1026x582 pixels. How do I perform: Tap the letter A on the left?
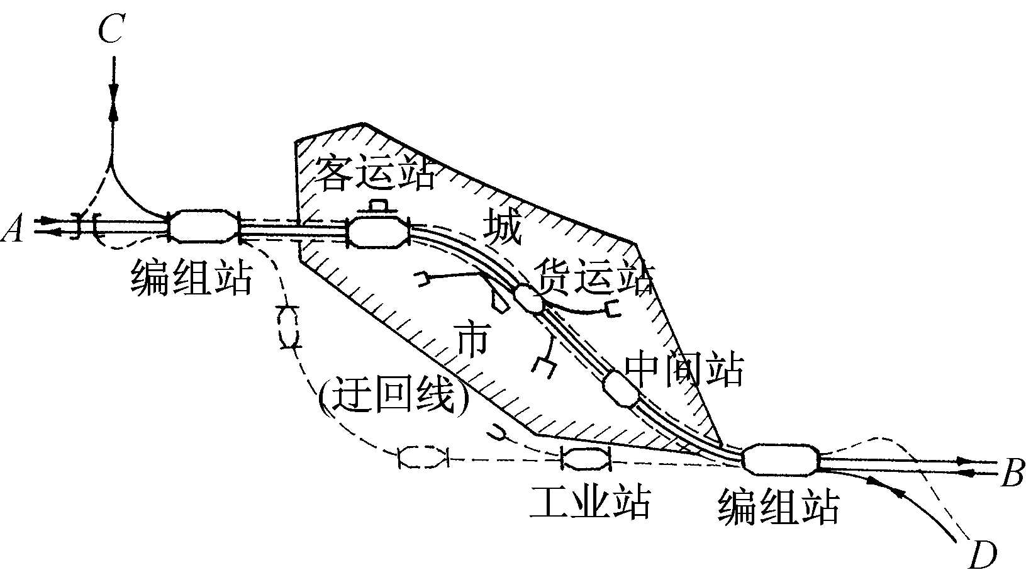click(x=13, y=228)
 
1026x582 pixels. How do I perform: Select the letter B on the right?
click(x=1012, y=473)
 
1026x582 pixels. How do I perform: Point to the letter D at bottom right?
click(x=983, y=555)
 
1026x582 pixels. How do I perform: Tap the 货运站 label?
click(x=594, y=276)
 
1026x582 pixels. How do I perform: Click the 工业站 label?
click(x=591, y=502)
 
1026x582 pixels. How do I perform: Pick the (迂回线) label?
click(x=394, y=395)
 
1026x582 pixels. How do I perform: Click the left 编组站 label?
click(x=192, y=277)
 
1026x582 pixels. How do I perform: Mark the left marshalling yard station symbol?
click(x=204, y=226)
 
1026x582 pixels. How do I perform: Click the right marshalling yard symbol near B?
click(x=780, y=460)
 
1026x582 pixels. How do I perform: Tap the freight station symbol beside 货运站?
click(x=528, y=299)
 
